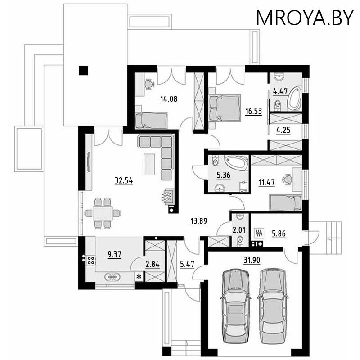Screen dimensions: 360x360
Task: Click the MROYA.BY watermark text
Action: [305, 18]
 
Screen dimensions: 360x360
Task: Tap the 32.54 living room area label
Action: [124, 181]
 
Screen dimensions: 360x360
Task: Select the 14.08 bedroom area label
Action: [169, 99]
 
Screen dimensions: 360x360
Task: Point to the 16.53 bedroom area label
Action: [253, 111]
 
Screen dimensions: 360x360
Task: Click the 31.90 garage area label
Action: [252, 260]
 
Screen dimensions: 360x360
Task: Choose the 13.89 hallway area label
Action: [199, 221]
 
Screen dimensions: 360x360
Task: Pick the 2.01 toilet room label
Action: [239, 230]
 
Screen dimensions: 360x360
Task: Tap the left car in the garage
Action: [235, 306]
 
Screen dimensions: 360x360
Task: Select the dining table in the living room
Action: [103, 213]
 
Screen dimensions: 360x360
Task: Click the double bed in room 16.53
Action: [225, 108]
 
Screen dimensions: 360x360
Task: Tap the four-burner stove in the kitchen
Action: [91, 260]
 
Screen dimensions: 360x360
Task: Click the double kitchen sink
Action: [112, 277]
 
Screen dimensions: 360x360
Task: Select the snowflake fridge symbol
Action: [139, 276]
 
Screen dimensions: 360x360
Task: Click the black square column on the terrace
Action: [83, 70]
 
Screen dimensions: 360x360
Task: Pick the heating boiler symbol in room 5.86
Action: [260, 233]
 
